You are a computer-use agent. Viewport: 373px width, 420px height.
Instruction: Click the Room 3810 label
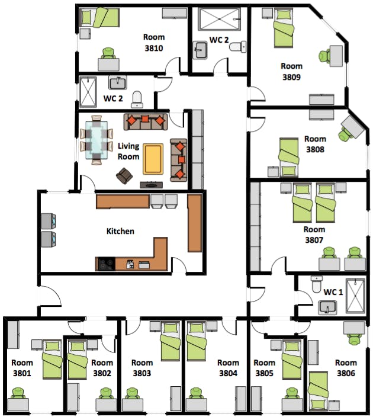point(153,43)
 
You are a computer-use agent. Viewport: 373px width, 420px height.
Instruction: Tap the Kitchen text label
point(120,231)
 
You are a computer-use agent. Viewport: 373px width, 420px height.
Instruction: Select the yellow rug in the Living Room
point(153,159)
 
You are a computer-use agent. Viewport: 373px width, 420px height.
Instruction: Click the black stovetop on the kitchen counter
point(105,264)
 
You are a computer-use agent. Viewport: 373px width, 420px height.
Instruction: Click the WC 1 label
point(333,292)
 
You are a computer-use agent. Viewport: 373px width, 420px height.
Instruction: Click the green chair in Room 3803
point(131,394)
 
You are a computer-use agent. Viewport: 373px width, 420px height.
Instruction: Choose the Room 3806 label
point(346,368)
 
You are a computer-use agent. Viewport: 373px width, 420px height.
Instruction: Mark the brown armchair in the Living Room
point(125,176)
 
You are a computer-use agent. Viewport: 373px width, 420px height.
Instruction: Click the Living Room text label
point(128,152)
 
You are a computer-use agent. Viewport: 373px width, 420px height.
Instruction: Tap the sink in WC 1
point(327,307)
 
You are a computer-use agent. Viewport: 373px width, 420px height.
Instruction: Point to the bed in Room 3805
point(292,359)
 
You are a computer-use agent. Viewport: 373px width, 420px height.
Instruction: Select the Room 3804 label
point(227,368)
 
